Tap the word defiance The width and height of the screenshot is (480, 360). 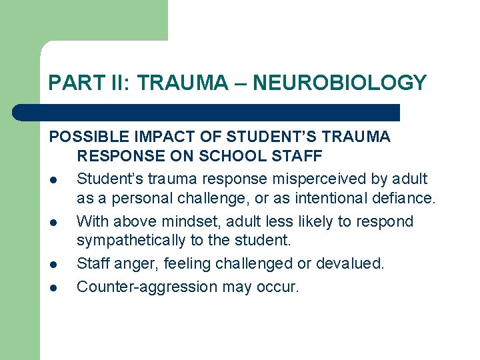pos(403,199)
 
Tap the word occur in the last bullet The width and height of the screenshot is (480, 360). pos(280,287)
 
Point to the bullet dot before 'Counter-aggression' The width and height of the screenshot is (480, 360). pos(53,288)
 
